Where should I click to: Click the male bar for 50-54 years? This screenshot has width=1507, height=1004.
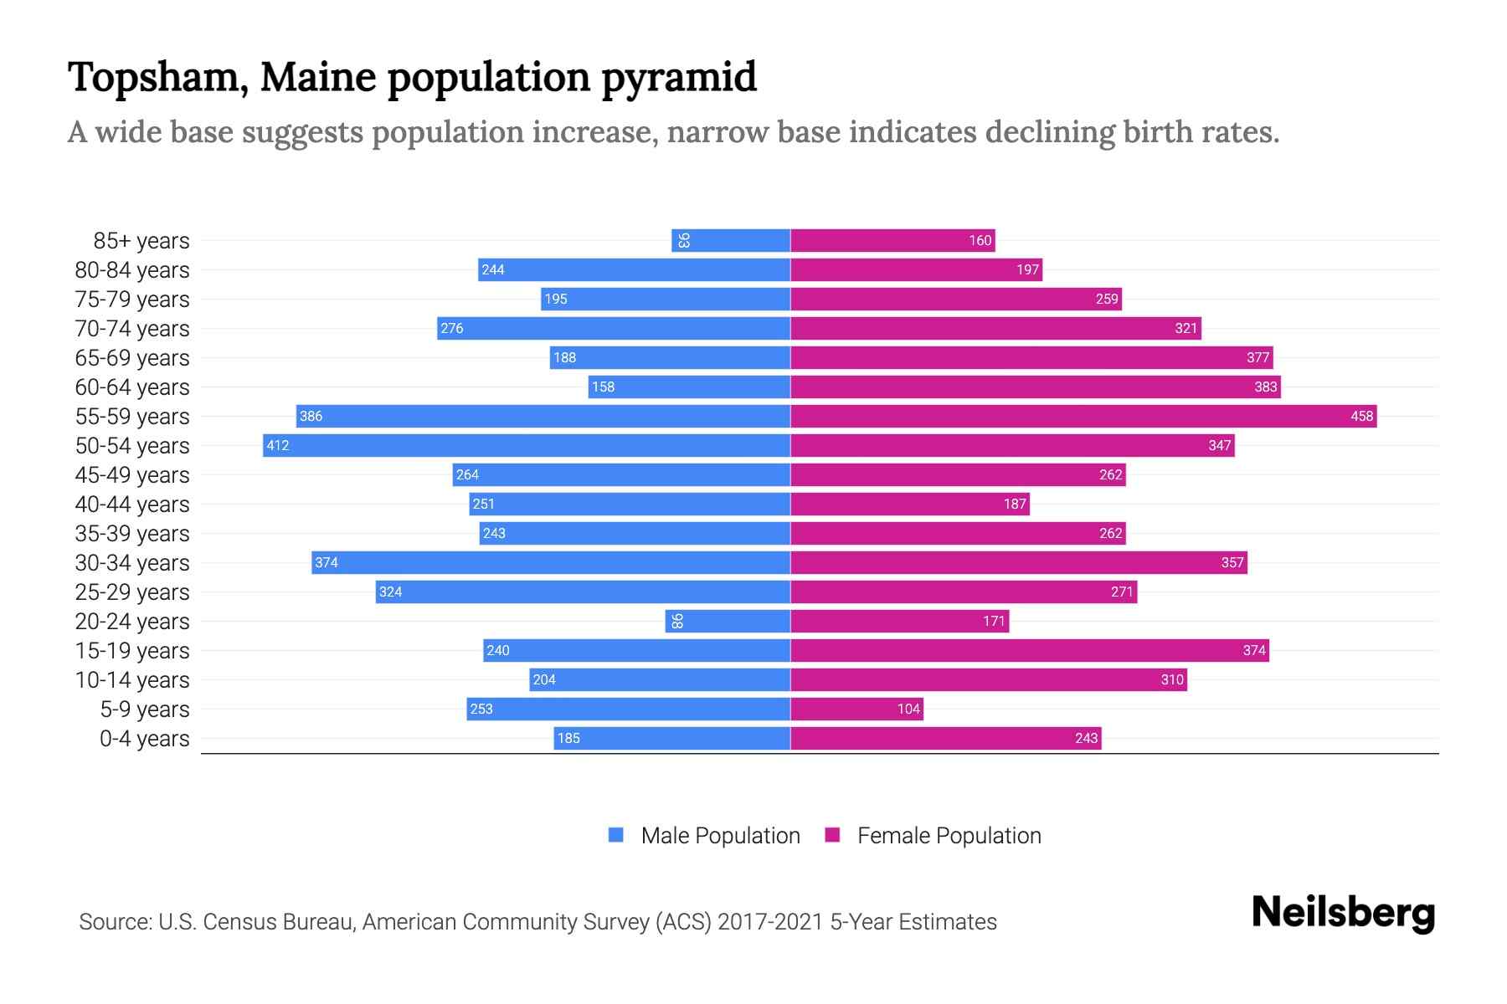[x=527, y=445]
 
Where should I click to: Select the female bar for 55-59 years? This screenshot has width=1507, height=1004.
[x=1083, y=416]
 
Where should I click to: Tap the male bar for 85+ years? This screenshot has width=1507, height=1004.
[x=731, y=240]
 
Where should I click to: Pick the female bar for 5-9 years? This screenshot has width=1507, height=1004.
[x=856, y=709]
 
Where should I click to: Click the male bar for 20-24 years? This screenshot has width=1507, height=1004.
[x=728, y=621]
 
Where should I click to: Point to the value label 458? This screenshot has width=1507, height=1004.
[x=1361, y=416]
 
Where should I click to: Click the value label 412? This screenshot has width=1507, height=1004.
[x=278, y=445]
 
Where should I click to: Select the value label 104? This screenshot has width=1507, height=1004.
[x=908, y=709]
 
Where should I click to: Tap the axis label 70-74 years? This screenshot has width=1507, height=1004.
[x=132, y=328]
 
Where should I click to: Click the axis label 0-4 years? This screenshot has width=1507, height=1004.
[x=144, y=738]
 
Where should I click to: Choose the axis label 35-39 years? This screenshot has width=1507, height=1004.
[x=132, y=533]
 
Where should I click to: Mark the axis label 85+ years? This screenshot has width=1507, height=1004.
[x=141, y=240]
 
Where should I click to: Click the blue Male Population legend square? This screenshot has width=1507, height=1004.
[x=616, y=835]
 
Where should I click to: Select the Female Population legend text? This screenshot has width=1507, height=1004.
[x=949, y=835]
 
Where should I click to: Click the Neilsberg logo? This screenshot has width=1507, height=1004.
[x=1343, y=913]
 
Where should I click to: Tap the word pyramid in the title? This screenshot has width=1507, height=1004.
[x=678, y=77]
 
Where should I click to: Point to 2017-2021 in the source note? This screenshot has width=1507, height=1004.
[x=770, y=921]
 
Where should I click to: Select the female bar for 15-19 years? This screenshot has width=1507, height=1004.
[x=1030, y=650]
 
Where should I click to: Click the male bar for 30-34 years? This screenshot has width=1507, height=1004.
[x=551, y=562]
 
